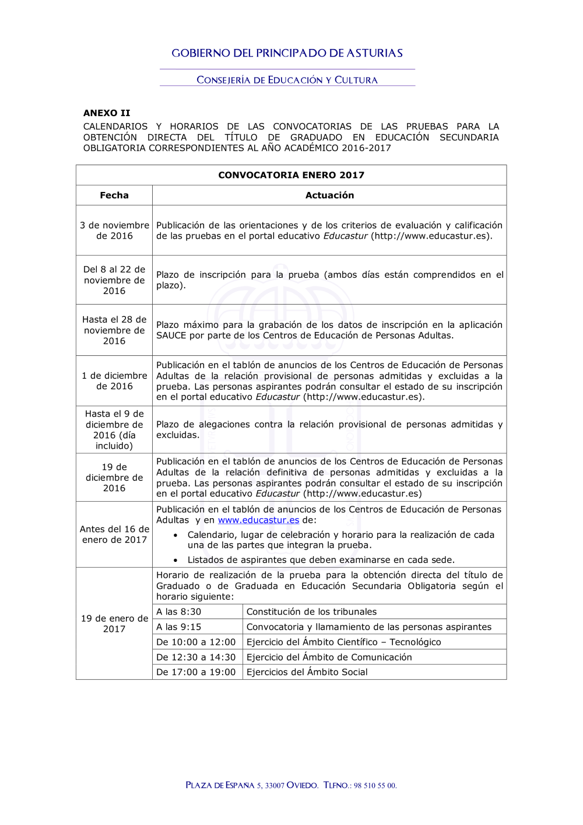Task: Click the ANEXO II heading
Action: [x=107, y=113]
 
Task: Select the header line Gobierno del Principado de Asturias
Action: [x=287, y=53]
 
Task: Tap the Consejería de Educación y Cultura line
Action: [x=287, y=80]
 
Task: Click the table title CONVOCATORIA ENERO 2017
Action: [x=291, y=175]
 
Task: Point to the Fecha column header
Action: [x=114, y=195]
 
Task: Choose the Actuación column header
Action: [x=329, y=195]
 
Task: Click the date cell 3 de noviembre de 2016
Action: [x=114, y=230]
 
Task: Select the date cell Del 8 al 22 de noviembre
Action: [x=114, y=280]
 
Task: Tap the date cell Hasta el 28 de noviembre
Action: [x=114, y=330]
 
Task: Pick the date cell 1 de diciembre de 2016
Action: [x=114, y=381]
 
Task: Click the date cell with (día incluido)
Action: [x=114, y=430]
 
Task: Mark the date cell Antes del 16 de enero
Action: [x=114, y=534]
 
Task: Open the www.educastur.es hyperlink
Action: [x=258, y=520]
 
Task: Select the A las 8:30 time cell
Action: [x=178, y=612]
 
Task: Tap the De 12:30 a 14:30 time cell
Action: [x=196, y=658]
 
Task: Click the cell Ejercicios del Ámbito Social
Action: [x=307, y=672]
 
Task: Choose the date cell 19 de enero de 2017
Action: [x=114, y=624]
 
